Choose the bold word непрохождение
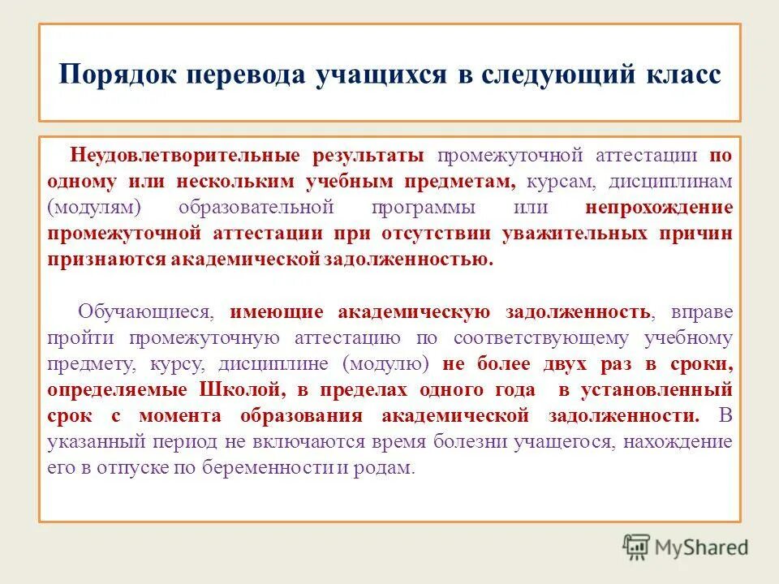pyautogui.click(x=658, y=207)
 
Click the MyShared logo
pyautogui.click(x=686, y=547)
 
